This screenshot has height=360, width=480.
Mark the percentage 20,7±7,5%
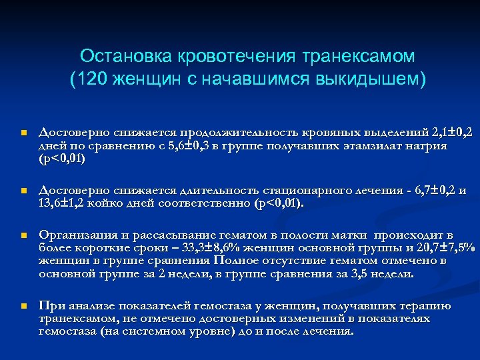pyautogui.click(x=443, y=248)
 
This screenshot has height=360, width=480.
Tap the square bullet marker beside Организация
pyautogui.click(x=23, y=236)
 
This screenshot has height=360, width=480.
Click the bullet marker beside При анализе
pyautogui.click(x=23, y=307)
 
